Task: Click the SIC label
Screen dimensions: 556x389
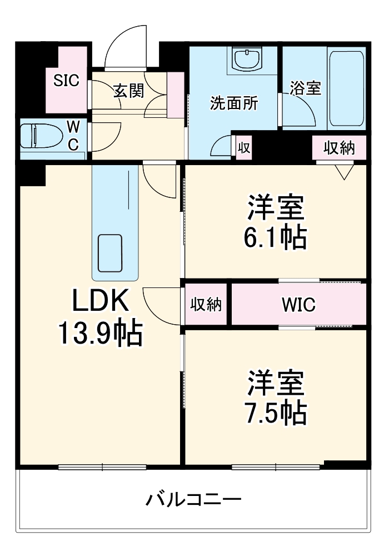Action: [x=66, y=81]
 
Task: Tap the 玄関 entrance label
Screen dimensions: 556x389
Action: [x=129, y=91]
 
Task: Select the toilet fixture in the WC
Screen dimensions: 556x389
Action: [x=36, y=135]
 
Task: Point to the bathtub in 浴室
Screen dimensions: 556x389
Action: [x=347, y=88]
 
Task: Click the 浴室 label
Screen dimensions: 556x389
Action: [x=305, y=89]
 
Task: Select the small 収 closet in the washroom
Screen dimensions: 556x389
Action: [x=243, y=148]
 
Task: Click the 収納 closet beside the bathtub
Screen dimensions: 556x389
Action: [x=339, y=148]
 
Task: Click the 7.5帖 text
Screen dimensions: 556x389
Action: [x=275, y=411]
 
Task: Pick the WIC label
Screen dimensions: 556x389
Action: [x=298, y=305]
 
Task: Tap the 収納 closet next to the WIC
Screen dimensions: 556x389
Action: [x=206, y=305]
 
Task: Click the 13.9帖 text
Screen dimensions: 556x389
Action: [x=101, y=334]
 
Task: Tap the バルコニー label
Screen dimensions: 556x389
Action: [x=193, y=499]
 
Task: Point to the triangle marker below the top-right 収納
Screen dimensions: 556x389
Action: [x=345, y=172]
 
